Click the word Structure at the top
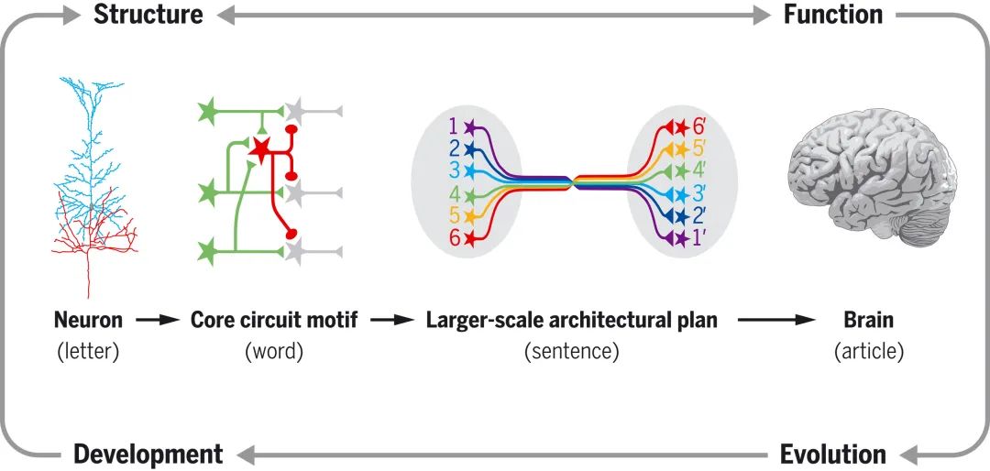click(x=148, y=15)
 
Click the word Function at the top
click(x=832, y=15)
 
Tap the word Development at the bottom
click(x=148, y=454)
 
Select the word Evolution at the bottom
click(x=832, y=454)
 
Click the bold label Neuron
click(x=88, y=321)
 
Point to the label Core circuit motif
click(x=273, y=321)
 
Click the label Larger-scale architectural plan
click(x=571, y=321)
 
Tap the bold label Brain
click(x=868, y=321)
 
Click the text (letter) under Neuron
click(x=88, y=351)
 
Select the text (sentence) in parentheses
click(x=571, y=351)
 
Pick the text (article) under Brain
click(x=868, y=351)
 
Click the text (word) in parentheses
click(x=273, y=351)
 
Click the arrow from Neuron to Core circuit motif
click(x=156, y=321)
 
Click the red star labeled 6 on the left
click(x=471, y=238)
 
